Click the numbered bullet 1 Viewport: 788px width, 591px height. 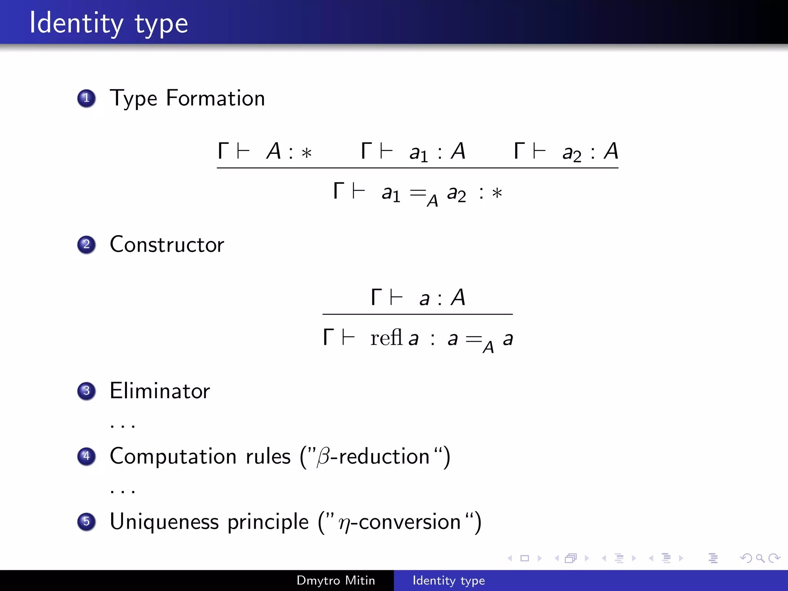click(x=87, y=98)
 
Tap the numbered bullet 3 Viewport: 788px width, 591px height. click(x=87, y=391)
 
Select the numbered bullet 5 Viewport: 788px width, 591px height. click(x=87, y=522)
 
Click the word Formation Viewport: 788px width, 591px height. click(x=215, y=98)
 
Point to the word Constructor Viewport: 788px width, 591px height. click(x=167, y=245)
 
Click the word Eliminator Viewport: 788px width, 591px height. click(x=160, y=391)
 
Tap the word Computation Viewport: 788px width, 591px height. click(x=173, y=457)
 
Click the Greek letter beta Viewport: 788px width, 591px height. click(x=323, y=457)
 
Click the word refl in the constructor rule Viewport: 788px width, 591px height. click(x=386, y=338)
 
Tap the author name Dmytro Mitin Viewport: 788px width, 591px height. click(x=336, y=581)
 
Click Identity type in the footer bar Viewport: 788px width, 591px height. click(x=449, y=581)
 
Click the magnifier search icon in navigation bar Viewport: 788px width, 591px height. click(x=760, y=558)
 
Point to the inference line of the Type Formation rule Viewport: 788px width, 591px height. click(x=417, y=168)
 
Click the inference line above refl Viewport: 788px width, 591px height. click(x=417, y=314)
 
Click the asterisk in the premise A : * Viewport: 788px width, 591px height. click(x=306, y=153)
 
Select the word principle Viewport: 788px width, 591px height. click(x=268, y=523)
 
